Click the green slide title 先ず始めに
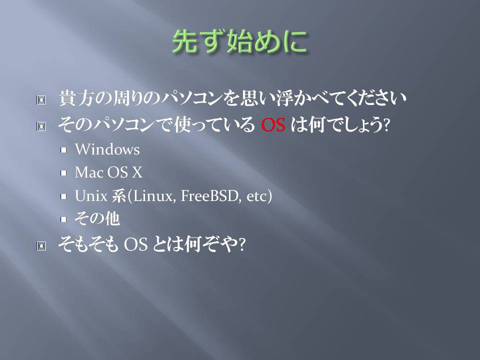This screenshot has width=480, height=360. tap(239, 41)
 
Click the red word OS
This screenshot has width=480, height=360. tap(273, 125)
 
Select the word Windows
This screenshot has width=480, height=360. tap(107, 149)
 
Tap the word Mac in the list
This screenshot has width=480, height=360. tap(89, 172)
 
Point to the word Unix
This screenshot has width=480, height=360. tap(91, 196)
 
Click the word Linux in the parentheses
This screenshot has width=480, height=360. tap(153, 196)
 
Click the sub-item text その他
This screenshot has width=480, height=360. tap(97, 219)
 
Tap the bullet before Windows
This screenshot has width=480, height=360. tap(63, 150)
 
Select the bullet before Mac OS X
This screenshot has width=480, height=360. tap(63, 173)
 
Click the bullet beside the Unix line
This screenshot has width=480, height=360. tap(63, 196)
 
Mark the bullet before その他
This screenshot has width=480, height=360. tap(63, 219)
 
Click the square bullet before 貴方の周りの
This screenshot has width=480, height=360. tap(41, 100)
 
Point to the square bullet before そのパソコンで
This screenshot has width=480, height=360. tap(41, 126)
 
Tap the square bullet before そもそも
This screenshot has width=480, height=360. tap(41, 245)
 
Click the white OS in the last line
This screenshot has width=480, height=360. tap(135, 244)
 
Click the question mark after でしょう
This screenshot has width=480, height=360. tap(386, 125)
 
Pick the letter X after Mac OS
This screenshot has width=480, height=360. tap(137, 172)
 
